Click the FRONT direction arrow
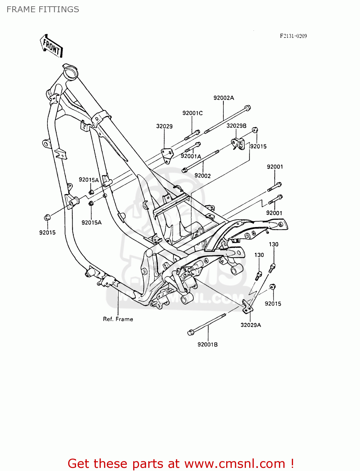pos(51,46)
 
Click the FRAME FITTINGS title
pos(43,9)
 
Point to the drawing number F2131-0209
pos(293,36)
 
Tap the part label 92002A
pos(224,98)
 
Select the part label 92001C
pos(192,113)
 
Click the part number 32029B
pos(236,126)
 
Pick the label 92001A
pos(191,156)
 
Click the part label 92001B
pos(207,344)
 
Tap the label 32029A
pos(251,325)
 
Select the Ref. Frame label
pos(118,319)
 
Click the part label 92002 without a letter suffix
pos(202,176)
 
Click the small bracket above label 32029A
pos(247,306)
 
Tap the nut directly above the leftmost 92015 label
pos(47,217)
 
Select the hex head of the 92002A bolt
pos(247,108)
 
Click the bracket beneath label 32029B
pos(238,143)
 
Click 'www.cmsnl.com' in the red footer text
pos(235,463)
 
